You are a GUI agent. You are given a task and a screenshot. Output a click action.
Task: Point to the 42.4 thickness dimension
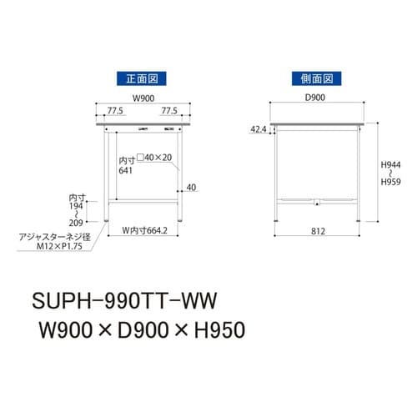tap(257, 130)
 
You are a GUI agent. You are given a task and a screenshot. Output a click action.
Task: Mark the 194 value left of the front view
tap(77, 205)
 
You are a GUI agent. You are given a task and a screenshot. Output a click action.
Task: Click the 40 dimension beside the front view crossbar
tap(192, 188)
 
